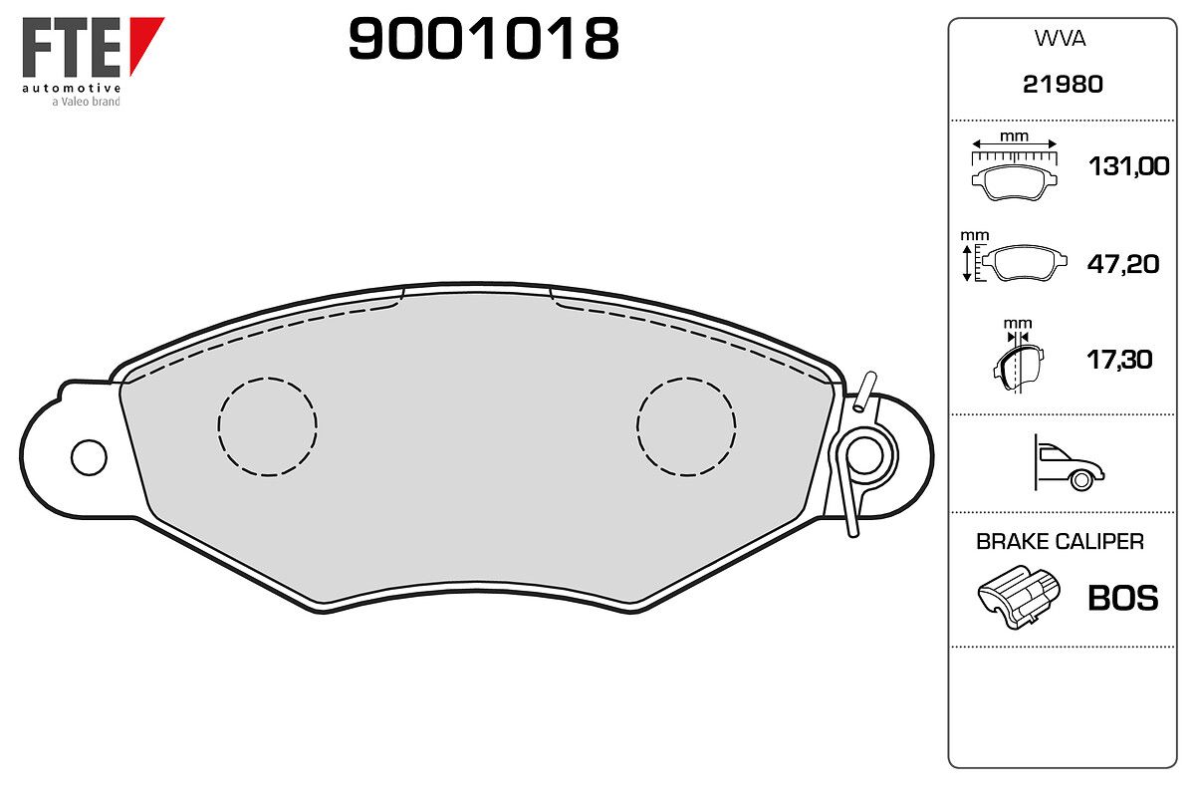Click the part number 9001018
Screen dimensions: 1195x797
(x=483, y=39)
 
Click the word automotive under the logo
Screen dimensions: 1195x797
(x=71, y=88)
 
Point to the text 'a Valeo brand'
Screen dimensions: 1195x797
(x=86, y=102)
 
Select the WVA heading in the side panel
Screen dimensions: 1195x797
(x=1060, y=39)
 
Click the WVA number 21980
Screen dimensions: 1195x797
(x=1063, y=85)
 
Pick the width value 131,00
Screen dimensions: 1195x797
(x=1128, y=166)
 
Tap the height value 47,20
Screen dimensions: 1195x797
(x=1123, y=264)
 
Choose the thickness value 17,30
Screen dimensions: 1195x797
(x=1119, y=360)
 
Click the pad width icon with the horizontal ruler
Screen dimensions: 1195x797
(x=1014, y=169)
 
